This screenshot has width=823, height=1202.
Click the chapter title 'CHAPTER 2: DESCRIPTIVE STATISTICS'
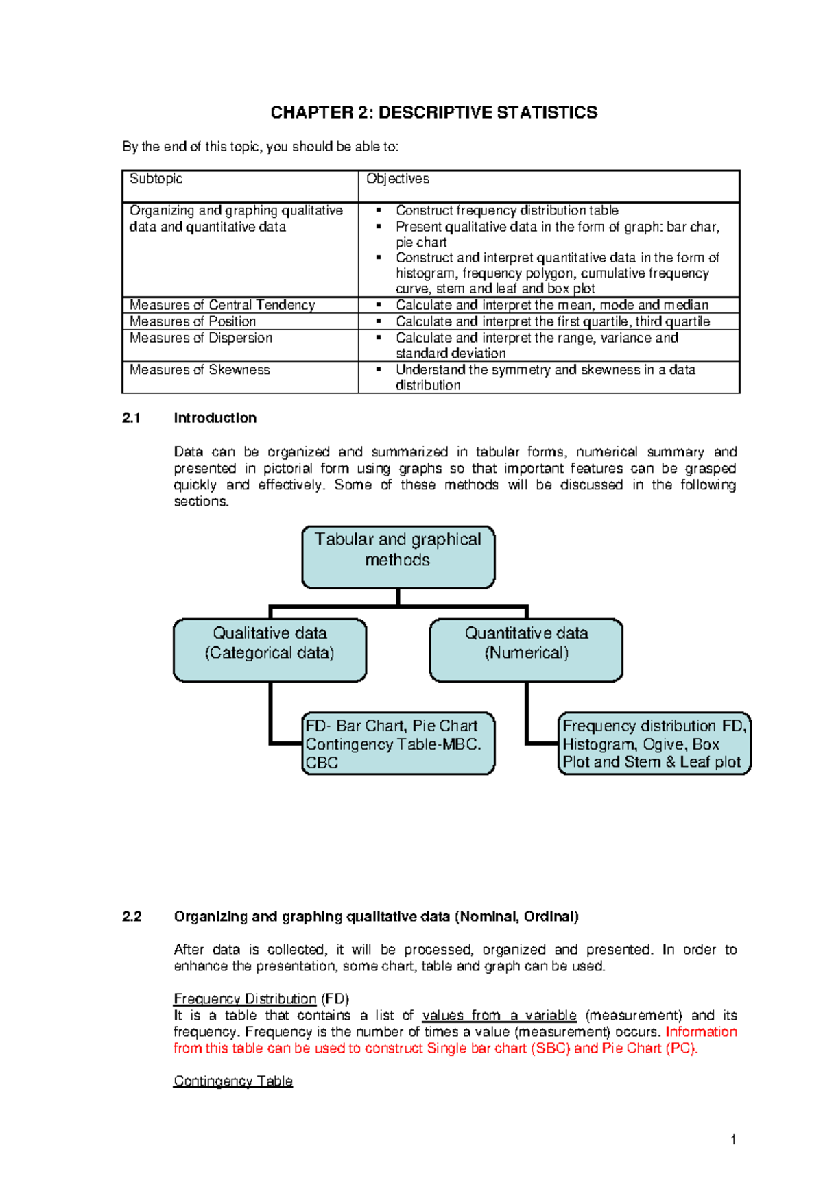[x=433, y=112]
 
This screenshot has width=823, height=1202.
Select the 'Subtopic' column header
[x=156, y=179]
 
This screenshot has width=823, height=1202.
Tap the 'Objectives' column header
[x=398, y=179]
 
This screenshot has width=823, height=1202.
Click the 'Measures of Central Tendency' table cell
[x=222, y=305]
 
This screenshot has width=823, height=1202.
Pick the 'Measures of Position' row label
[x=193, y=321]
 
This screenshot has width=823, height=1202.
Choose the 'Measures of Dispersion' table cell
[x=201, y=338]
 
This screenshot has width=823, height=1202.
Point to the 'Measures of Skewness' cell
[x=200, y=370]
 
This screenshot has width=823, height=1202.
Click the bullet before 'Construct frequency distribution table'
[x=378, y=211]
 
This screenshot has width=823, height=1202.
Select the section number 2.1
[x=131, y=418]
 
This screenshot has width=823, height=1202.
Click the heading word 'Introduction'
[x=215, y=418]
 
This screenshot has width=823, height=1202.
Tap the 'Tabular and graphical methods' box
[x=398, y=556]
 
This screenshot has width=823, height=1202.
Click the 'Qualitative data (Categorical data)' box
[x=270, y=650]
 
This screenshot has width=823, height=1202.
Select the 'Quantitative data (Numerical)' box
[x=526, y=650]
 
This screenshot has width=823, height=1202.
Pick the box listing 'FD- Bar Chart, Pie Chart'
[x=398, y=744]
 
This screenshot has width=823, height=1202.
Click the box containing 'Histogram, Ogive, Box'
[x=654, y=744]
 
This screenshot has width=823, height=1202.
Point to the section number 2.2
[x=131, y=917]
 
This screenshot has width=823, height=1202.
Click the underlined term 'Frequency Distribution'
[x=245, y=999]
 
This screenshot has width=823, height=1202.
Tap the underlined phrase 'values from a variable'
[x=499, y=1016]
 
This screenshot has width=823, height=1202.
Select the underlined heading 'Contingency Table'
[x=233, y=1081]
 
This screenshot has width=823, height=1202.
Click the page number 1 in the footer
[x=733, y=1140]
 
